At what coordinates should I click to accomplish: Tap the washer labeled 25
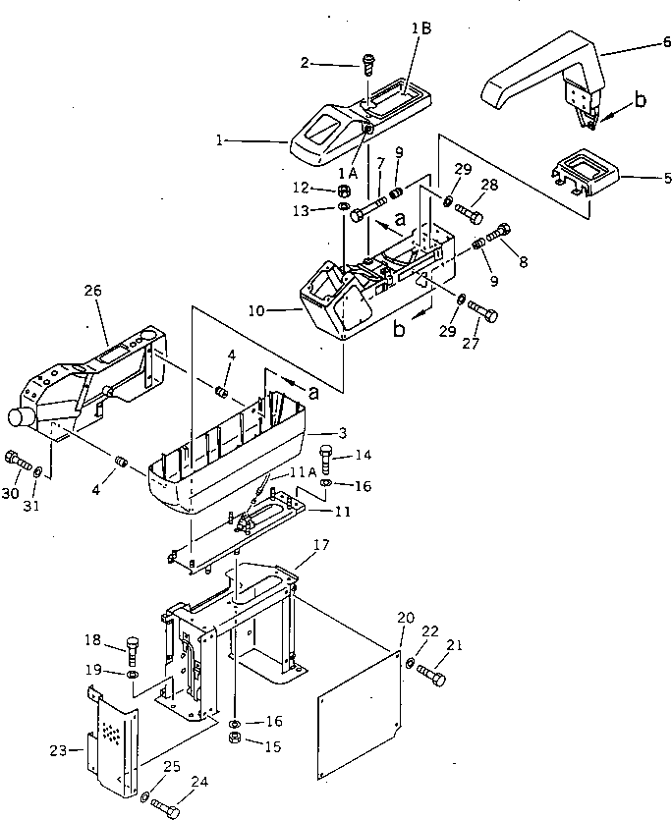(144, 797)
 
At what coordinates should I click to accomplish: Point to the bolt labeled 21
(432, 677)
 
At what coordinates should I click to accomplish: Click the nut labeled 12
(345, 190)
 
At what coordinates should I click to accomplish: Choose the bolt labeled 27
(481, 311)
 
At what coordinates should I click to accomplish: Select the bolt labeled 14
(327, 458)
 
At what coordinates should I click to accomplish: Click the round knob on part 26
(19, 418)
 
